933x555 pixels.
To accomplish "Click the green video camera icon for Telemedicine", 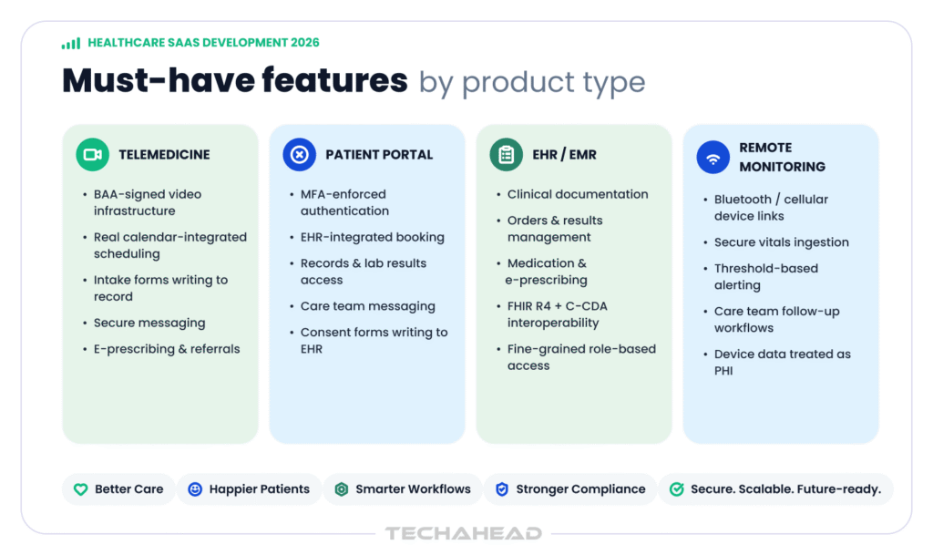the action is [x=92, y=155].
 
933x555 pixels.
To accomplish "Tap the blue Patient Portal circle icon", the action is [x=299, y=155].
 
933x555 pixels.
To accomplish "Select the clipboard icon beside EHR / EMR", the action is [x=507, y=155].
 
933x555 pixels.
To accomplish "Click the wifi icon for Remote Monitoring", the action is [x=713, y=158].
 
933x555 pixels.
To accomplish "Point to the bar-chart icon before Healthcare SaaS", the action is [x=71, y=44].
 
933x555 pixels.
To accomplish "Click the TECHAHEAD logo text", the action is [x=464, y=533].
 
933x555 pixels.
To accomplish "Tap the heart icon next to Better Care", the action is [x=80, y=489].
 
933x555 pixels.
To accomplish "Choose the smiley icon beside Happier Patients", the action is [x=195, y=489].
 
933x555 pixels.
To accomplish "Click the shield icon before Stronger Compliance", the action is [x=502, y=489].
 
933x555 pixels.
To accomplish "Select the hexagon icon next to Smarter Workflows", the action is [x=342, y=489].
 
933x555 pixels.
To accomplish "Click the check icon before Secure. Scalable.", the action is [x=677, y=489].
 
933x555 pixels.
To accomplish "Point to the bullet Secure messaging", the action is [x=149, y=323].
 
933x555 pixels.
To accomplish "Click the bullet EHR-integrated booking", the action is [x=373, y=237].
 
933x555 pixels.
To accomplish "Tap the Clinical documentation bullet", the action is [x=578, y=194].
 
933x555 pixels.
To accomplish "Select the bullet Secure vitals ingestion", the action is [x=781, y=242].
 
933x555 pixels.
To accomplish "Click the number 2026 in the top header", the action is [x=305, y=43].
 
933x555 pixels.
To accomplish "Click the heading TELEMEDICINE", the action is [x=164, y=155].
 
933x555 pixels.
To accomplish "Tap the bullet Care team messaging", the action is [x=368, y=306].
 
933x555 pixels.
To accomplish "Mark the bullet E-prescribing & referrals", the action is [x=167, y=349].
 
